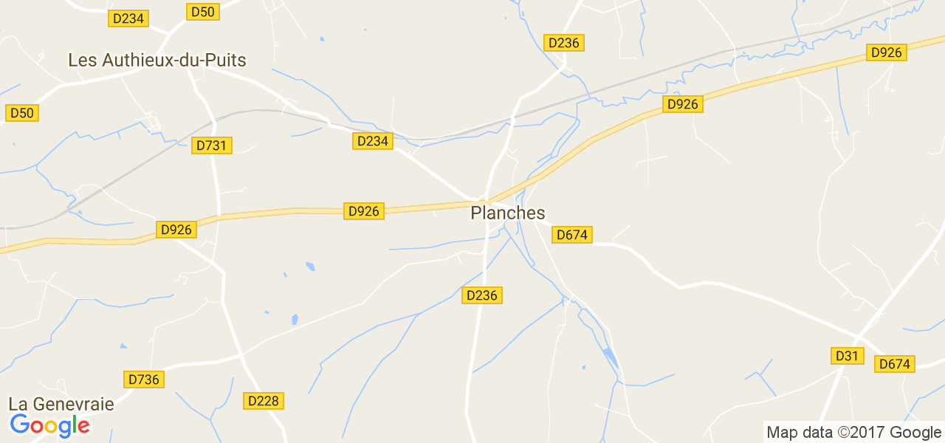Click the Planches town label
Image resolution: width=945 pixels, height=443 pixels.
click(x=508, y=213)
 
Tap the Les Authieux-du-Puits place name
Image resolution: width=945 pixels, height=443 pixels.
click(x=157, y=61)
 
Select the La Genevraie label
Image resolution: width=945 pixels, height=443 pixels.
click(x=61, y=404)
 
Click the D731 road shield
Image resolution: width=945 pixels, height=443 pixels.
click(x=212, y=145)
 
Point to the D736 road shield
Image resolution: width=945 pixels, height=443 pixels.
click(x=143, y=380)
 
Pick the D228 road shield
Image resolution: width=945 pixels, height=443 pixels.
click(x=264, y=401)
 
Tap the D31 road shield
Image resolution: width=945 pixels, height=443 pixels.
click(x=847, y=356)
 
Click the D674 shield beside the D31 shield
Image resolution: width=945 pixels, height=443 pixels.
click(x=895, y=364)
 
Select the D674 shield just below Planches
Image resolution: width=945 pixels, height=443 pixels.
click(x=572, y=235)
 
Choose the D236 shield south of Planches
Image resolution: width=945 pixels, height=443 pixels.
click(x=483, y=295)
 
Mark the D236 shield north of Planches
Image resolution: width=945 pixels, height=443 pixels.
click(x=564, y=43)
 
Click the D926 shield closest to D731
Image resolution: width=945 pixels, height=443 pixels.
click(x=176, y=230)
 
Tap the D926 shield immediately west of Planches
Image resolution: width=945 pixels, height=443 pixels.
click(x=364, y=211)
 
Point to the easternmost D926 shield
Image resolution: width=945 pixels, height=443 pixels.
click(x=887, y=52)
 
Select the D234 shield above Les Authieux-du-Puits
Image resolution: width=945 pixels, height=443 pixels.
click(x=129, y=18)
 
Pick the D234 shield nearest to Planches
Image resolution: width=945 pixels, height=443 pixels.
click(x=373, y=141)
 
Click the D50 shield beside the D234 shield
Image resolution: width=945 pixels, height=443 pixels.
click(x=203, y=12)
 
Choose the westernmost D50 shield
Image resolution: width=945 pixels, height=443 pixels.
click(x=22, y=113)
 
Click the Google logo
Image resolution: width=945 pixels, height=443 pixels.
click(x=49, y=425)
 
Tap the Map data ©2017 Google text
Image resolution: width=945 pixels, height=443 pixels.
click(x=853, y=433)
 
